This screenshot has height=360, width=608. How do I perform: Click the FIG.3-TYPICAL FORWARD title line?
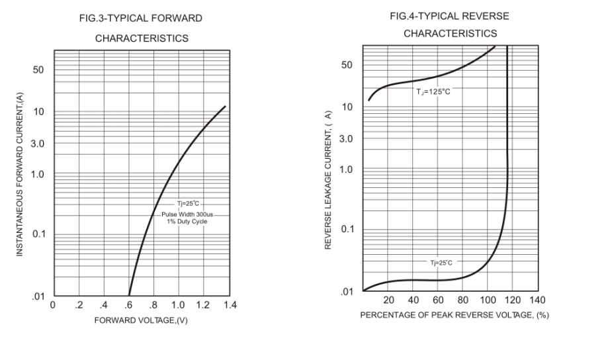141,19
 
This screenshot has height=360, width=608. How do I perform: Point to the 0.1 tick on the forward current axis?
40,235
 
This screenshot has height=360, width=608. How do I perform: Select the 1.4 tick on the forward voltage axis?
229,305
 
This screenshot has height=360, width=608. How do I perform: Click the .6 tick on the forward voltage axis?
128,305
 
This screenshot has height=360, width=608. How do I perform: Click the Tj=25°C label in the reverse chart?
442,263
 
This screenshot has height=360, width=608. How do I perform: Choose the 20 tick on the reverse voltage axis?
389,301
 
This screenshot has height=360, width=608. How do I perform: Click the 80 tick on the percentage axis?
464,301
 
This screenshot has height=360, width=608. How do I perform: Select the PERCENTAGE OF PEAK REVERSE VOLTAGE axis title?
454,315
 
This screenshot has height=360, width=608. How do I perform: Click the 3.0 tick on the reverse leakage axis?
345,140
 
